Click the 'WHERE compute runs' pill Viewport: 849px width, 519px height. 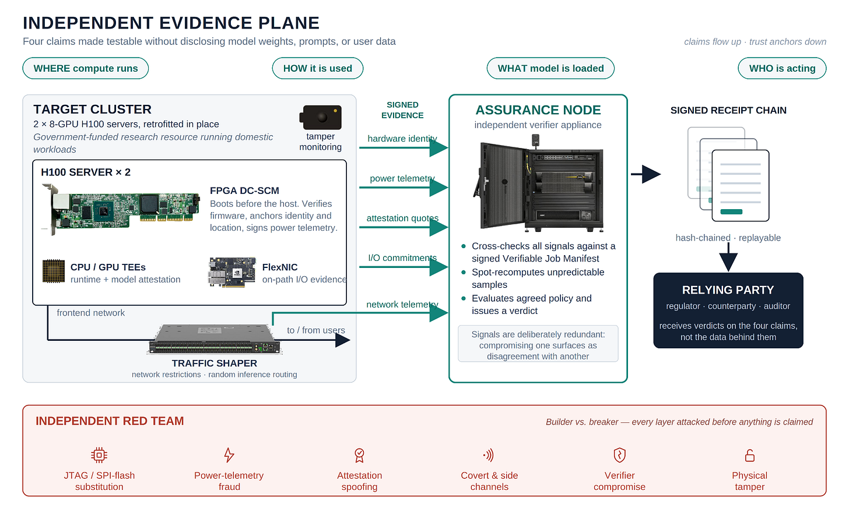point(85,68)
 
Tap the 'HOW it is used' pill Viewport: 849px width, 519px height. point(318,68)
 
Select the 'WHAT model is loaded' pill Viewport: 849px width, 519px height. point(550,68)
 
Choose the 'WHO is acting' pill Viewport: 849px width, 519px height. point(782,68)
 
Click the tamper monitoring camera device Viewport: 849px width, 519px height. point(321,117)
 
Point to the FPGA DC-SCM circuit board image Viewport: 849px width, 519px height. point(121,209)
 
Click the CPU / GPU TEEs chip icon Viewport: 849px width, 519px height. point(54,271)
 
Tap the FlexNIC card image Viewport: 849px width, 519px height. point(232,273)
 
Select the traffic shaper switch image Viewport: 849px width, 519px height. point(215,339)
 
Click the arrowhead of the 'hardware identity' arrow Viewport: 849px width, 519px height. point(439,147)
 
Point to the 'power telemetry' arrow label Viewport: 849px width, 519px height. point(402,178)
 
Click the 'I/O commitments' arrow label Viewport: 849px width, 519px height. point(402,258)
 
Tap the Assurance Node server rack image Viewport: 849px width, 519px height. point(538,183)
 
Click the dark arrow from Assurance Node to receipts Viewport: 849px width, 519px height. point(646,174)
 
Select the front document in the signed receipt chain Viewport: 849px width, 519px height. point(740,185)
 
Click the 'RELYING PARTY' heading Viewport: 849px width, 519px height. point(728,290)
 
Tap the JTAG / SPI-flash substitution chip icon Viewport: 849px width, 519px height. point(99,455)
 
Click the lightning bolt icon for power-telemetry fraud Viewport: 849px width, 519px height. point(229,455)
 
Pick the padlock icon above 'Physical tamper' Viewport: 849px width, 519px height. point(750,456)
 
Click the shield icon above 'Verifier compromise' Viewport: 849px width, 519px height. point(619,455)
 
